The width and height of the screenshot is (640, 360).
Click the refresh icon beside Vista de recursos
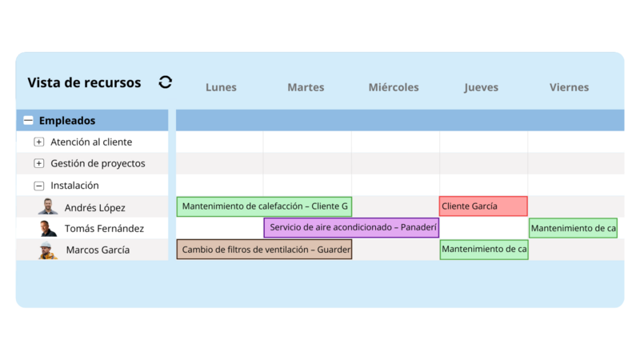166,82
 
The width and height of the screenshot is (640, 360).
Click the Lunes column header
221,87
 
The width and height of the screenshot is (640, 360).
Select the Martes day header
306,87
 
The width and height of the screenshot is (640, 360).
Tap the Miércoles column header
394,87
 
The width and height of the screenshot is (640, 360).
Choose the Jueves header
482,87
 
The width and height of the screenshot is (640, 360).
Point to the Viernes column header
569,87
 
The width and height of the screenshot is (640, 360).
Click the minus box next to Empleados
28,121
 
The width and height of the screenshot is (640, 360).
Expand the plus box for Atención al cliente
39,142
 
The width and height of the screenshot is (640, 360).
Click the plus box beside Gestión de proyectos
39,164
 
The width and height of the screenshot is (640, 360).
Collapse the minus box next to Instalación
39,186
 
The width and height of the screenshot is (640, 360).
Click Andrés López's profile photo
49,206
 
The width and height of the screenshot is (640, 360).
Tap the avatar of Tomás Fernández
49,229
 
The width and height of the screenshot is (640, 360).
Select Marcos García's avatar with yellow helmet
49,250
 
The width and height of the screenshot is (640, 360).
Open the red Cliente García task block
483,206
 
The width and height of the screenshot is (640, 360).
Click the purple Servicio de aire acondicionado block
351,228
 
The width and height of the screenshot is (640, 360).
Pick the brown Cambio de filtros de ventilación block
264,250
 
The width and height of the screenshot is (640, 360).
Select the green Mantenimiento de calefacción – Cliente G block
264,206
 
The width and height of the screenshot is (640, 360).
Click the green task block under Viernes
573,228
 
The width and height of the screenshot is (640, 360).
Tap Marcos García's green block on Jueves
483,250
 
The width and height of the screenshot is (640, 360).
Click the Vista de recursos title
84,82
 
